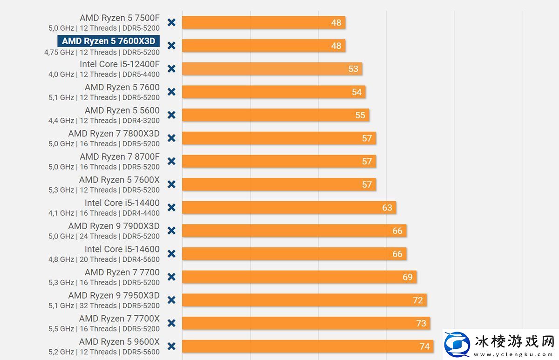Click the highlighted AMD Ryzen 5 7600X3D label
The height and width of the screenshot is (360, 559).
point(109,41)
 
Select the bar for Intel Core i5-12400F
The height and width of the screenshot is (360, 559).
point(272,69)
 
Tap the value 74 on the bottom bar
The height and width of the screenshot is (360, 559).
point(424,346)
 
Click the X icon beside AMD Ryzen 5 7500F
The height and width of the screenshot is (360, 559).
point(171,22)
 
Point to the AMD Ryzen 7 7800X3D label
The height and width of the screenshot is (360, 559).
point(114,134)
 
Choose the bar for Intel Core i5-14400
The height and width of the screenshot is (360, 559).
point(289,207)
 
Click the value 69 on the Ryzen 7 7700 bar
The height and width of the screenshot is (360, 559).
point(408,277)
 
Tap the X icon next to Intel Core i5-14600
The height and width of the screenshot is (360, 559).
point(171,254)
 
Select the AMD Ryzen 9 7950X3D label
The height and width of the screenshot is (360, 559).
point(114,295)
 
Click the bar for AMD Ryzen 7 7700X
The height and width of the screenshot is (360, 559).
point(306,323)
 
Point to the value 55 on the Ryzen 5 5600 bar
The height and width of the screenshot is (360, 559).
point(360,115)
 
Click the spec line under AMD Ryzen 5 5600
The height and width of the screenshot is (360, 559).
point(104,121)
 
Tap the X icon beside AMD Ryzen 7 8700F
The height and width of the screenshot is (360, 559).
point(171,161)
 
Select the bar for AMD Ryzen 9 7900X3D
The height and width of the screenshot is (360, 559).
point(294,231)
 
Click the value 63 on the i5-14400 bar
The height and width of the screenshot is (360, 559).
point(387,208)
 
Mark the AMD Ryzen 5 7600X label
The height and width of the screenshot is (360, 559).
point(119,180)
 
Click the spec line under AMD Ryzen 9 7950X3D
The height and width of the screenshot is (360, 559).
point(104,306)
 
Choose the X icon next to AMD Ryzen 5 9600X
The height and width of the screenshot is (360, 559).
point(171,346)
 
